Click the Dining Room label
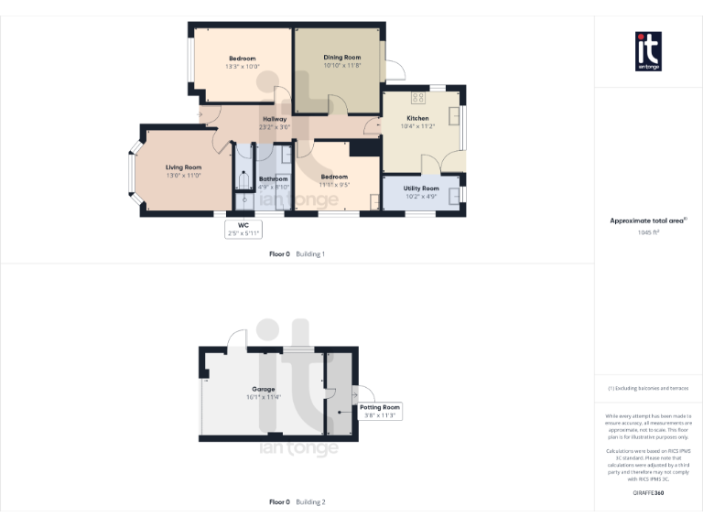click(x=341, y=58)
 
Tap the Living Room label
click(x=183, y=167)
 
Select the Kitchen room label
click(x=417, y=118)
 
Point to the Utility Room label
click(x=421, y=188)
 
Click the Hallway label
click(x=275, y=119)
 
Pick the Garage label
click(x=263, y=390)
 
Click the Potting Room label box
click(x=379, y=411)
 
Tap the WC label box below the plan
click(x=243, y=229)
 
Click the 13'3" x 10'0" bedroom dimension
click(x=243, y=66)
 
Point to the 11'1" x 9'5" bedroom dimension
click(x=334, y=185)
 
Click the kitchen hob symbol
click(x=418, y=97)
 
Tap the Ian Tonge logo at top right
click(x=648, y=51)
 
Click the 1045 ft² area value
click(x=648, y=232)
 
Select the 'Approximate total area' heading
click(x=647, y=220)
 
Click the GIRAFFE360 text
click(x=648, y=493)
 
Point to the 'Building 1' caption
click(x=310, y=253)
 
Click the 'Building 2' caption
click(x=310, y=501)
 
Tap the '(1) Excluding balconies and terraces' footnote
click(x=648, y=389)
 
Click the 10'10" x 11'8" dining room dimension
click(x=341, y=66)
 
